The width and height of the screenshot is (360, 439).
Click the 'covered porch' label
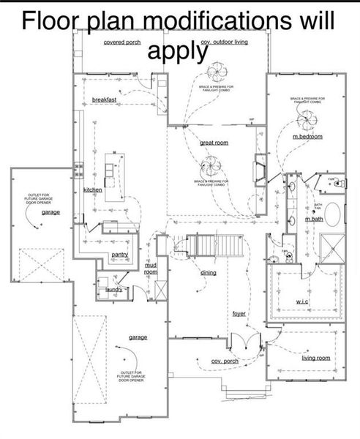click(122, 42)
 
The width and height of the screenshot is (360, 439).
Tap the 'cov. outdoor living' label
click(224, 42)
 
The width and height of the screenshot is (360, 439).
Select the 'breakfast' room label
click(105, 99)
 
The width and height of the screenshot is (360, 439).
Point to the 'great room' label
click(214, 143)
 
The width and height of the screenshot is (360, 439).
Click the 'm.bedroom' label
click(307, 137)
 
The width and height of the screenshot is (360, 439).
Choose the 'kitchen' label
click(93, 190)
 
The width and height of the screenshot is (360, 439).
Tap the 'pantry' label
click(120, 255)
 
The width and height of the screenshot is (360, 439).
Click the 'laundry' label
click(113, 290)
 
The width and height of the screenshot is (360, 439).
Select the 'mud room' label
click(151, 268)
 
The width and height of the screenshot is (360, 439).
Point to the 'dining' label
click(209, 272)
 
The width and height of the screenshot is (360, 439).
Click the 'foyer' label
click(239, 313)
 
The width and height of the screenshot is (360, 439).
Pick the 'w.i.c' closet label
click(303, 301)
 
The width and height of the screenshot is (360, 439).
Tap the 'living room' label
click(315, 358)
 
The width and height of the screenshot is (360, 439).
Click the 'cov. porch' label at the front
click(225, 361)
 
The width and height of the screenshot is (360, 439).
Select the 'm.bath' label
click(313, 219)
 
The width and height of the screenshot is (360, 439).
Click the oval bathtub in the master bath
click(332, 214)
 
